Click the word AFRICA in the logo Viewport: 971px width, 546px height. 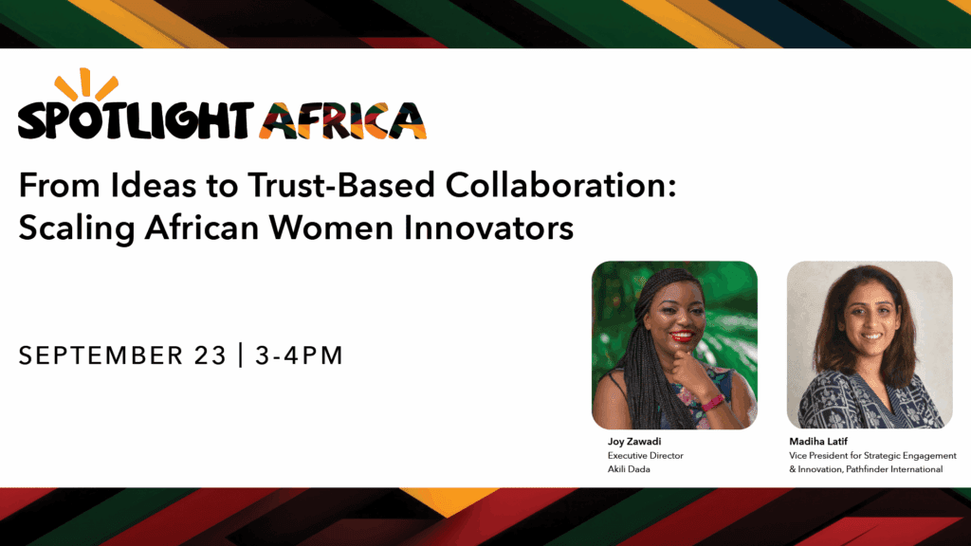[x=343, y=120]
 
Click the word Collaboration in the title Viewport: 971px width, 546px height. [x=560, y=185]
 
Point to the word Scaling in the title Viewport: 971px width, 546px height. [x=77, y=228]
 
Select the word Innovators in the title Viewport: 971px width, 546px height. [x=489, y=227]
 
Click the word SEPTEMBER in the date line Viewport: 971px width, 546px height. [x=101, y=355]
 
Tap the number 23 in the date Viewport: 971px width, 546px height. [x=211, y=355]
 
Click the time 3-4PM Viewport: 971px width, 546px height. [x=299, y=355]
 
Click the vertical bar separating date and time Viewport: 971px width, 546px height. [x=241, y=355]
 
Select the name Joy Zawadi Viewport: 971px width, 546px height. [x=634, y=442]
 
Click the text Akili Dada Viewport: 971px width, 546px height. [x=629, y=469]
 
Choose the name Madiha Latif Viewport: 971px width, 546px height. [x=818, y=442]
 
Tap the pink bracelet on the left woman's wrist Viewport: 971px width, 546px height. [x=712, y=403]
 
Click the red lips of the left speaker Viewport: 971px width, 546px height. [x=682, y=337]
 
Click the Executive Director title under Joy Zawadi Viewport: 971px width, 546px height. [x=645, y=456]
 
